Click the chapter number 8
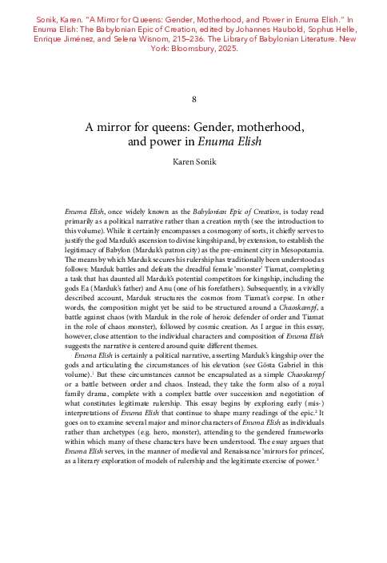point(193,99)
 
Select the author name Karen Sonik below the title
point(193,161)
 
